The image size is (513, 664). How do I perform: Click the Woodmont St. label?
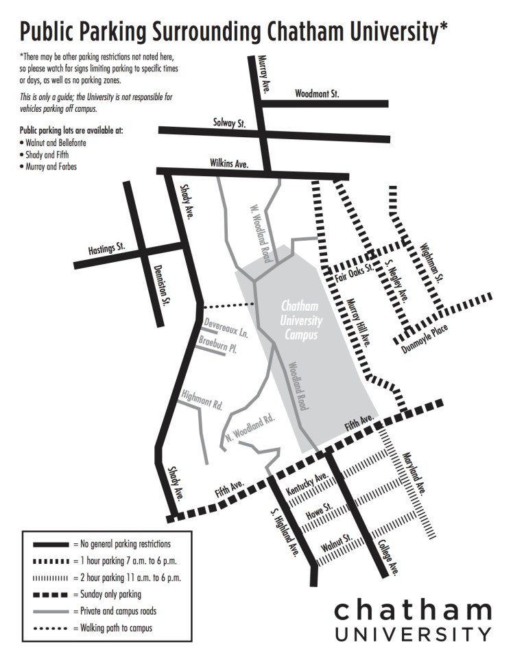pos(317,93)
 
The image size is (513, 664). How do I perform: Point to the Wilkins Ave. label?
pos(229,163)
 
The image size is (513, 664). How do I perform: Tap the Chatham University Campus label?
pos(300,320)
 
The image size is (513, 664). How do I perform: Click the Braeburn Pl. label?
pos(217,344)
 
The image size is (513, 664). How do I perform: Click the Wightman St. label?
pos(433,263)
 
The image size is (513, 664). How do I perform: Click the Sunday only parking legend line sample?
pos(52,595)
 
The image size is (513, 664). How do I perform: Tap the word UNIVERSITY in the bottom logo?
pos(414,632)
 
